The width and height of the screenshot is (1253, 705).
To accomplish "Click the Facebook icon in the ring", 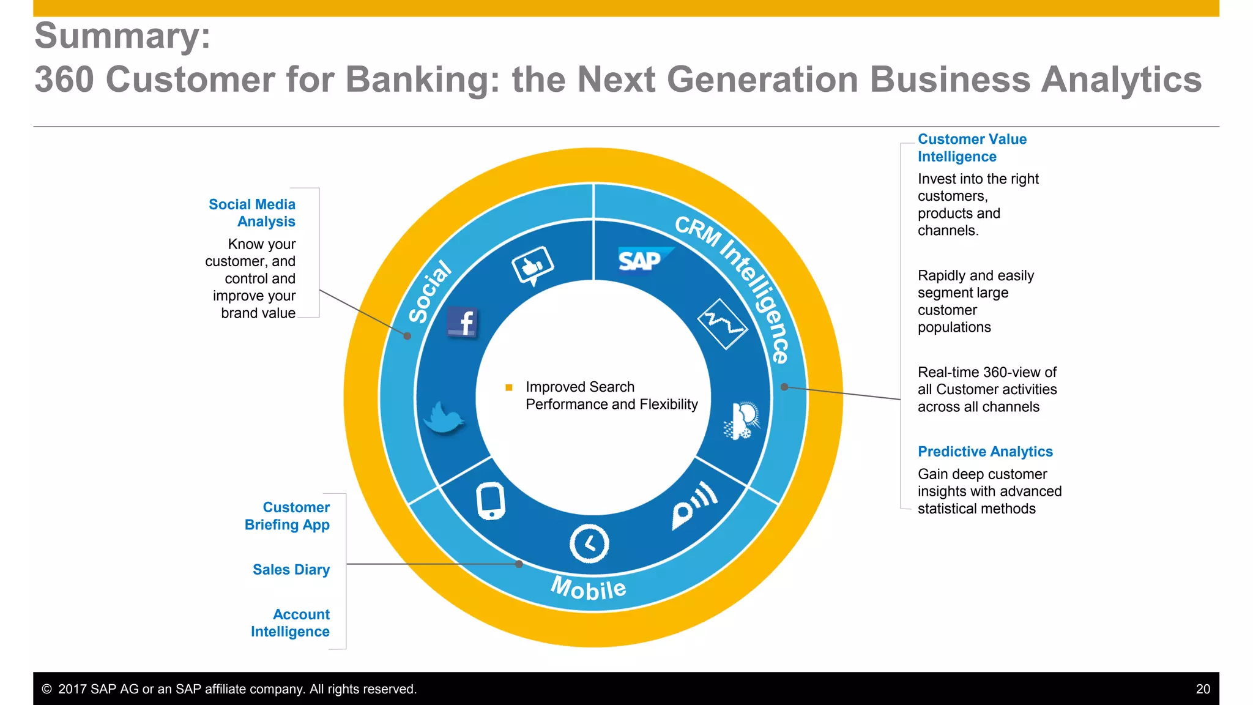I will [x=463, y=322].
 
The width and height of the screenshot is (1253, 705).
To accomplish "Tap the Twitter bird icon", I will [x=444, y=417].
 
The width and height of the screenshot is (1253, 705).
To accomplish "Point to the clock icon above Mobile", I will [x=589, y=543].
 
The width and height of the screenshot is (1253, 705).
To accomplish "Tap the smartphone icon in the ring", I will [x=491, y=501].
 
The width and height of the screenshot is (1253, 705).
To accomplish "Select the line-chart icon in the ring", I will [x=723, y=324].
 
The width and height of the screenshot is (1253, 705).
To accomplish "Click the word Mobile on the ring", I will [x=589, y=588].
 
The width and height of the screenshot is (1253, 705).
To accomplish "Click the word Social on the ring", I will [x=430, y=292].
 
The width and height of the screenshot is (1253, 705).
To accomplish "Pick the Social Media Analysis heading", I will [x=252, y=212].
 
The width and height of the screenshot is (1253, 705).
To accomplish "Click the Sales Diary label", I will [x=291, y=569].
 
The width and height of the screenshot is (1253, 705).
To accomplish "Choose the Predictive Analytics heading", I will [x=985, y=451].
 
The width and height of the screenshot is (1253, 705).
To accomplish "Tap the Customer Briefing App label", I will [x=287, y=515].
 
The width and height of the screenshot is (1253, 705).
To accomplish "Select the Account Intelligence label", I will [x=291, y=622].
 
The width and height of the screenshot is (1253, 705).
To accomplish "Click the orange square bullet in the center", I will [x=508, y=387].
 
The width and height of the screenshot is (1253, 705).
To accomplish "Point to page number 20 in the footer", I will [x=1202, y=689].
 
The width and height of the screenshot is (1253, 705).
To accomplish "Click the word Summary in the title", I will [x=122, y=35].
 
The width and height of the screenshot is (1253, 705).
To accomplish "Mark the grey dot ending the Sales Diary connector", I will [x=519, y=564].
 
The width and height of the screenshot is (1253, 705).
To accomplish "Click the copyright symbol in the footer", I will [x=46, y=689].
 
